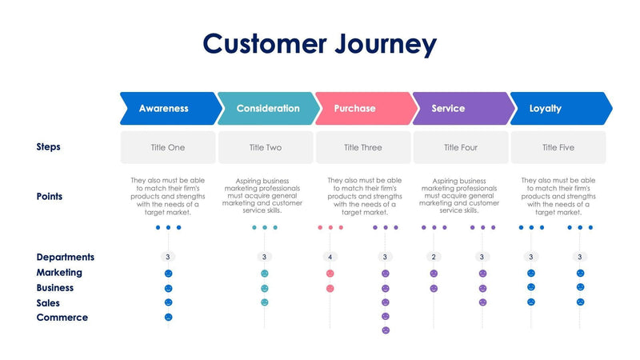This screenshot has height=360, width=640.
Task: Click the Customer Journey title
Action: pyautogui.click(x=319, y=43)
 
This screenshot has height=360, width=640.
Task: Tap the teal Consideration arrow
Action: pyautogui.click(x=267, y=109)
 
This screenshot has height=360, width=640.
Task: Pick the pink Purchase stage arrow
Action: pyautogui.click(x=359, y=109)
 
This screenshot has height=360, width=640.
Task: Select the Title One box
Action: pyautogui.click(x=168, y=148)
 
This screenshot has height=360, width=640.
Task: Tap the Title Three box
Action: pyautogui.click(x=363, y=148)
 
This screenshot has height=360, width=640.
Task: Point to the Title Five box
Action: pyautogui.click(x=558, y=148)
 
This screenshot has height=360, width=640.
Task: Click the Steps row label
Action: pyautogui.click(x=49, y=147)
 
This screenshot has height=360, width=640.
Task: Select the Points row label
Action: pyautogui.click(x=50, y=197)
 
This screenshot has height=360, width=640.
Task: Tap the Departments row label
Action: pyautogui.click(x=66, y=258)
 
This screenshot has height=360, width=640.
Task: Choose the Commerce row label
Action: pyautogui.click(x=62, y=318)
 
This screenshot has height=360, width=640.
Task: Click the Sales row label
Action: pyautogui.click(x=48, y=303)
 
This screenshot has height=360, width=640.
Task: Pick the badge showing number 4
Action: pyautogui.click(x=330, y=258)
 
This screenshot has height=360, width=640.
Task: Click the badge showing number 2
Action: pyautogui.click(x=434, y=258)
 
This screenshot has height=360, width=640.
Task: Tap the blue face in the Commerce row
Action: pyautogui.click(x=168, y=318)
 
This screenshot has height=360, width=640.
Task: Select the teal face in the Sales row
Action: pyautogui.click(x=265, y=302)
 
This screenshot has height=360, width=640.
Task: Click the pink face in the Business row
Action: pyautogui.click(x=330, y=288)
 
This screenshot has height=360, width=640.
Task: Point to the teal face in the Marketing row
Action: pyautogui.click(x=265, y=274)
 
